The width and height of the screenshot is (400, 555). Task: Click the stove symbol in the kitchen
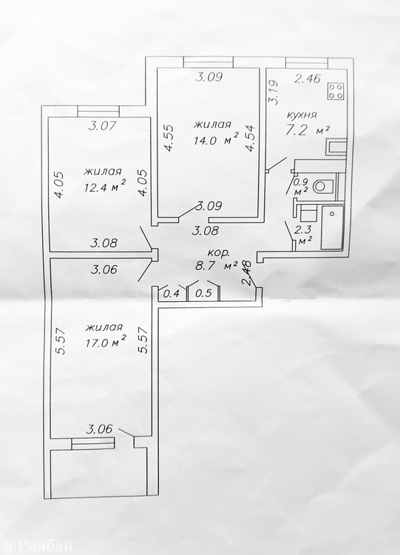tap(336, 91)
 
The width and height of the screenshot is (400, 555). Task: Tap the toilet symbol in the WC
tap(324, 186)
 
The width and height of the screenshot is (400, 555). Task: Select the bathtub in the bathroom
tap(332, 227)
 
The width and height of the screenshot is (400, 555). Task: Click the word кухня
tap(302, 115)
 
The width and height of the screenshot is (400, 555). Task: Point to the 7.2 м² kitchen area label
tap(308, 130)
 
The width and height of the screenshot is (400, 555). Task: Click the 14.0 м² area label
tap(216, 141)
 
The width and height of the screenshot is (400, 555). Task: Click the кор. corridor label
tap(218, 253)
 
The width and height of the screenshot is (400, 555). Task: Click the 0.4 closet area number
tap(172, 294)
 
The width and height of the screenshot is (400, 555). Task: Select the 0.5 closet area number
tap(203, 294)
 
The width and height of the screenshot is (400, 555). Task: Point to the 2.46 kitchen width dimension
tap(308, 78)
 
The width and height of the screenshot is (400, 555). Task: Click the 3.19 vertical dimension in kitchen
tap(274, 92)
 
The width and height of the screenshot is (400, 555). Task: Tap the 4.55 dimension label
tap(169, 138)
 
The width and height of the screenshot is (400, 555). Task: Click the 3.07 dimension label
tap(102, 126)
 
